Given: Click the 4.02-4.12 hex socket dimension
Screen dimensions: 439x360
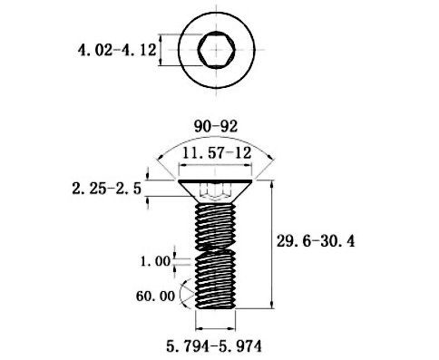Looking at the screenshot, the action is (117, 50).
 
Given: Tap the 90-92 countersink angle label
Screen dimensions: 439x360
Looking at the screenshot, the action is (216, 126).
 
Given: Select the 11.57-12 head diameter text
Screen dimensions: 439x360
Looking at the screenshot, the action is (217, 153).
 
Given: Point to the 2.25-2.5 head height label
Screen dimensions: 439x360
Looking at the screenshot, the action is (107, 189).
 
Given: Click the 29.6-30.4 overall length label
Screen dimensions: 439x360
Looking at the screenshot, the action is (316, 241).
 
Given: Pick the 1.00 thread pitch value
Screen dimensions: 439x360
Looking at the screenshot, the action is (156, 261).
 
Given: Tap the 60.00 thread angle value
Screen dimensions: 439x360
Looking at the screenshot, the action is (155, 296).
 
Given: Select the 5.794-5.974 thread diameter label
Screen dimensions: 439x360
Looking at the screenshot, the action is (214, 346).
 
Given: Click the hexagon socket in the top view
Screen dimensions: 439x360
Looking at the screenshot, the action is (217, 50).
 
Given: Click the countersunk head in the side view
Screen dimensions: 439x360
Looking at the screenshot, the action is (215, 191).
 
